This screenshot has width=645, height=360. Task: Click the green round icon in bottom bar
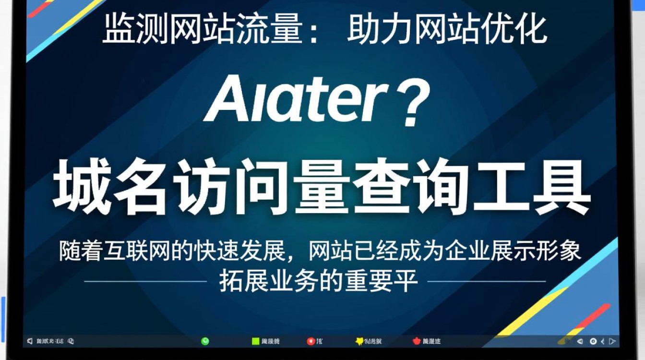(205, 341)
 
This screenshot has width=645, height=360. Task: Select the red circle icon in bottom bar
(311, 341)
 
